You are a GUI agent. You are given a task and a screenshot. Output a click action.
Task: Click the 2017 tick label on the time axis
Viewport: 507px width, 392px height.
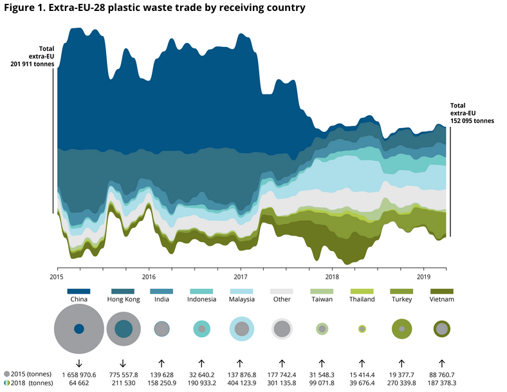point(241,277)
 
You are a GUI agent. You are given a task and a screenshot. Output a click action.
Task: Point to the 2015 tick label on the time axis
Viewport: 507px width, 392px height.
point(58,277)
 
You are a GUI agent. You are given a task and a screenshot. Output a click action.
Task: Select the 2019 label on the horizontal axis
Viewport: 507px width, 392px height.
point(423,277)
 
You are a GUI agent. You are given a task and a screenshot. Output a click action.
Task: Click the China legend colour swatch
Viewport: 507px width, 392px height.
point(78,292)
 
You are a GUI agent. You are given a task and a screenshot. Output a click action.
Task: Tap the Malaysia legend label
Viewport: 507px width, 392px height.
point(241,300)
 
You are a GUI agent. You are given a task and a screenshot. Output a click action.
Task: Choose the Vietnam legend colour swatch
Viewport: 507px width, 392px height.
point(442,292)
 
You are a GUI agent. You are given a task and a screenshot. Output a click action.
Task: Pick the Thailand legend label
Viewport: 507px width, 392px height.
point(362,300)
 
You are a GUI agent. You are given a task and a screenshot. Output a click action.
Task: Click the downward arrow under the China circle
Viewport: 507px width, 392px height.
point(78,363)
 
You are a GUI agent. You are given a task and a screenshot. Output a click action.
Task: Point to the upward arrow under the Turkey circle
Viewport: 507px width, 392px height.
point(402,363)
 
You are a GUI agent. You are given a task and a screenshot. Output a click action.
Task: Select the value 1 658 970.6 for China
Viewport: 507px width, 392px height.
point(78,374)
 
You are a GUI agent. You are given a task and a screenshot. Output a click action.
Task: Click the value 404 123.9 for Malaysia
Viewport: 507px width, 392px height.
point(241,383)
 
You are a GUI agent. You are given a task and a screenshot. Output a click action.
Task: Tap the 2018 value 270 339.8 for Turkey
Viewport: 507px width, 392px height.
point(402,383)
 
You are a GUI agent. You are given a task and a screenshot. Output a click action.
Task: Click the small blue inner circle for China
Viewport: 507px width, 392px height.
point(78,329)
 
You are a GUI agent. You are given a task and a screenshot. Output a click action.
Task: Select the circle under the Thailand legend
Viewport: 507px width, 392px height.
point(362,329)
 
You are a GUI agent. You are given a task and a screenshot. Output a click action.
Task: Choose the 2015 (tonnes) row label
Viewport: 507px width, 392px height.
point(28,374)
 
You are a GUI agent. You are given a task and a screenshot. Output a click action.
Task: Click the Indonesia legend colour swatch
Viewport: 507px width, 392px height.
point(201,292)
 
